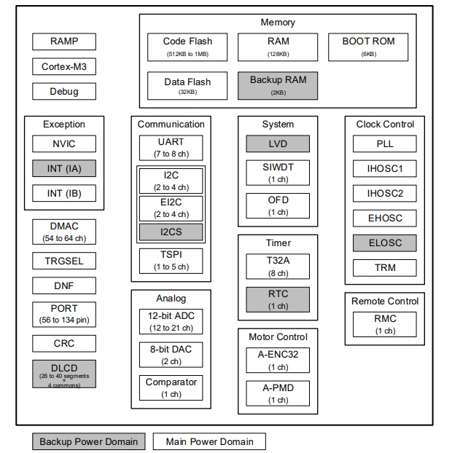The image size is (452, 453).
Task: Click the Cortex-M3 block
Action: [64, 67]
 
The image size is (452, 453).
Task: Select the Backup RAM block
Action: [278, 85]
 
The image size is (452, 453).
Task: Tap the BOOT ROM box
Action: [368, 47]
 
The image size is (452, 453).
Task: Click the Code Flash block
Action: [187, 47]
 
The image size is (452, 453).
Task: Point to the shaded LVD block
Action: [278, 144]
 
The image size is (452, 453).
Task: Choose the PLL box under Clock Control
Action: [384, 144]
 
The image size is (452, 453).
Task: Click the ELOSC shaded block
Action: [384, 243]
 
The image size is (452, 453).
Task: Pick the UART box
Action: [171, 147]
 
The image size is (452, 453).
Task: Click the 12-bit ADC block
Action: [171, 320]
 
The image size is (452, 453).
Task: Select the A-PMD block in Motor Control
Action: [278, 393]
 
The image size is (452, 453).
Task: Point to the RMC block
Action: [384, 323]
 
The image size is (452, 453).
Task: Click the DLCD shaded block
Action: [64, 374]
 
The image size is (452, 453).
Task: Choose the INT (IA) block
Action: [64, 169]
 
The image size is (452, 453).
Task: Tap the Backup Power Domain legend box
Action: [88, 441]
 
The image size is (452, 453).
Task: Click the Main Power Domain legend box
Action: [209, 441]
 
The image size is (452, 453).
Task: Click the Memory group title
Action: [278, 23]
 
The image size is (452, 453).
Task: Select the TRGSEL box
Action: [64, 261]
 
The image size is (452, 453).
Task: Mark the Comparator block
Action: [171, 387]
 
